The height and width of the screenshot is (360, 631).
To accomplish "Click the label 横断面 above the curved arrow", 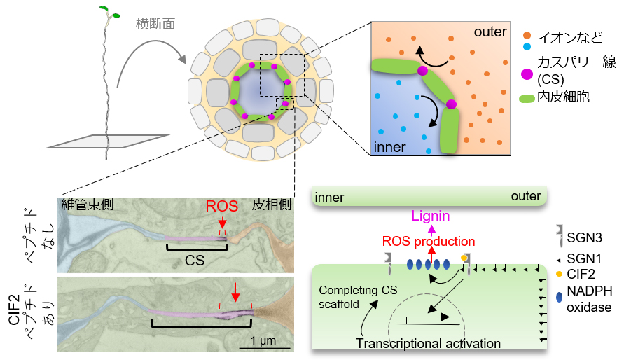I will [x=155, y=24].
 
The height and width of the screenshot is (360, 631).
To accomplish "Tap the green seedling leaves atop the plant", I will [x=108, y=11].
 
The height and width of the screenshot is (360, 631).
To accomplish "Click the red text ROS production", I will [x=429, y=242].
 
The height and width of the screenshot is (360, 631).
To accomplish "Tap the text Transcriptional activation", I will [x=429, y=344].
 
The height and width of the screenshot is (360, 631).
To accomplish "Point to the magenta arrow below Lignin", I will [x=431, y=229].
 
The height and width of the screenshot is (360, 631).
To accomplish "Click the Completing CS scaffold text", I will [x=347, y=297].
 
